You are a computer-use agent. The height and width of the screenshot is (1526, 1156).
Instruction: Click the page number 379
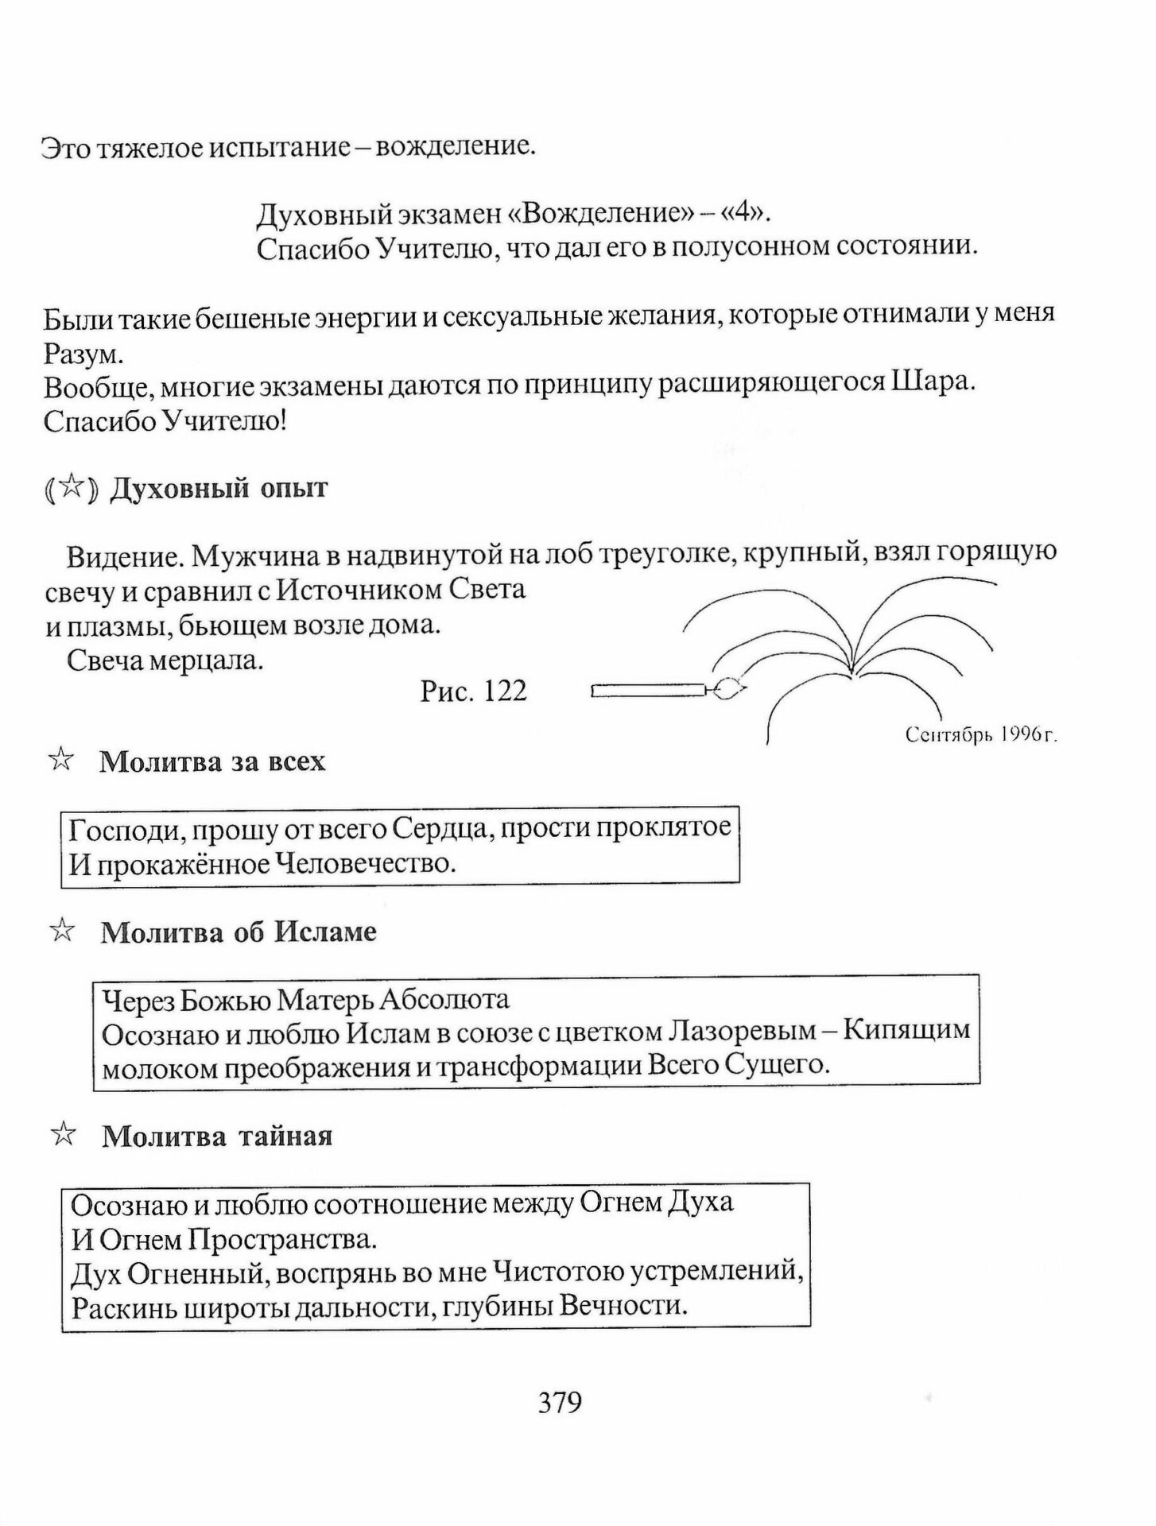pos(560,1401)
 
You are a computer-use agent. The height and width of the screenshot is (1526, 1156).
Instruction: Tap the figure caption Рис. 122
pos(474,691)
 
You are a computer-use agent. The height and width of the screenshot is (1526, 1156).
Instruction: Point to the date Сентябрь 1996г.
pos(980,735)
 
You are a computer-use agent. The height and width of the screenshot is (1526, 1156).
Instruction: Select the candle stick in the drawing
pos(648,690)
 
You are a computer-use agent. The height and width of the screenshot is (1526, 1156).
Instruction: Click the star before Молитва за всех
pos(61,761)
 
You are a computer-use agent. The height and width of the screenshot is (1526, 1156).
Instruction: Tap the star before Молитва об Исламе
pos(61,931)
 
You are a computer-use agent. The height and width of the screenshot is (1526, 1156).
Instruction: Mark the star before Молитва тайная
pos(62,1135)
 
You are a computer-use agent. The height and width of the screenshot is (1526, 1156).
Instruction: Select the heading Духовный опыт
pos(218,488)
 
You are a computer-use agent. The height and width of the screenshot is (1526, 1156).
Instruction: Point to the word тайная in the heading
pos(285,1136)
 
